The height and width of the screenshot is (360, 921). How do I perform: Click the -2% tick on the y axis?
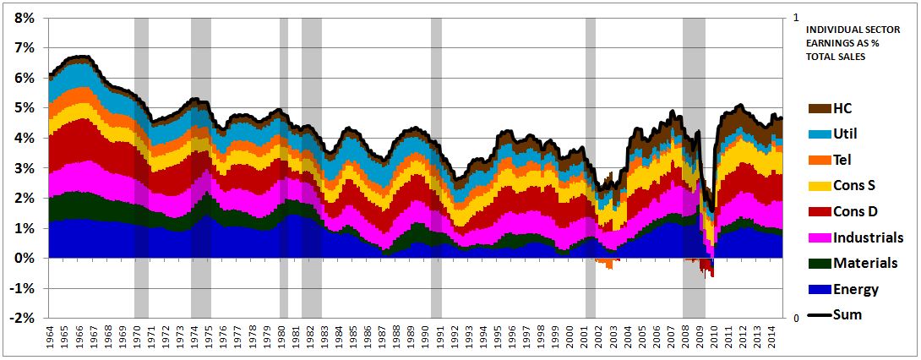(x=22, y=318)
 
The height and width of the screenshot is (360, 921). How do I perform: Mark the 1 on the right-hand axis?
(x=796, y=17)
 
